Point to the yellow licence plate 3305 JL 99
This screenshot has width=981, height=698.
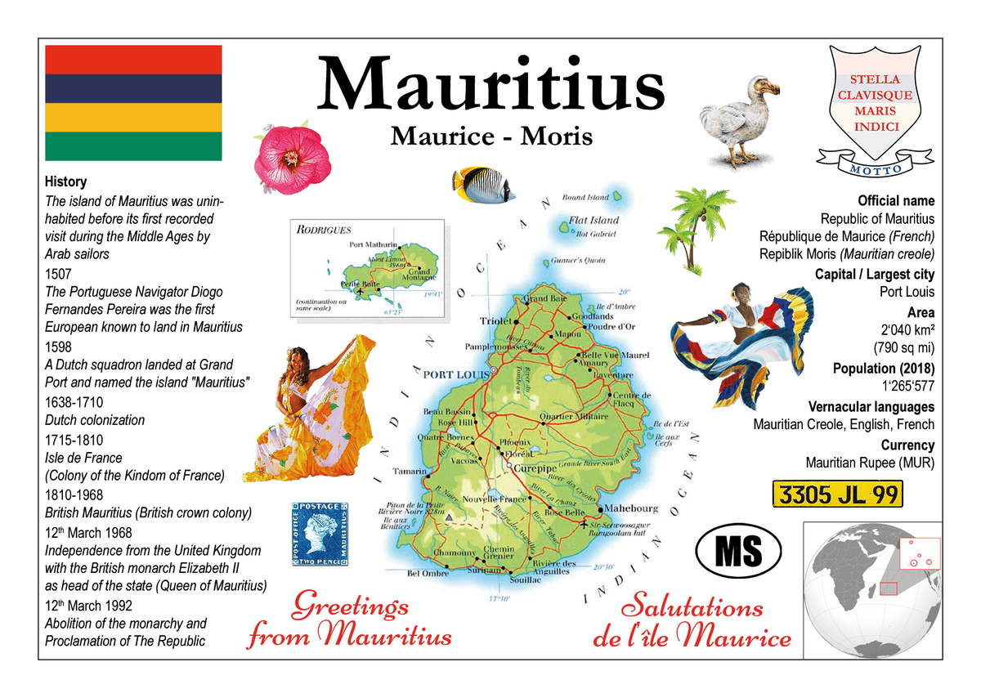tap(838, 494)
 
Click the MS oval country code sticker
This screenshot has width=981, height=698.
tap(738, 550)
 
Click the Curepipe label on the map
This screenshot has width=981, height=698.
tap(535, 468)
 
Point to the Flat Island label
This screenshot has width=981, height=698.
tap(594, 220)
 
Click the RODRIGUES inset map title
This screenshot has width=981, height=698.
tap(324, 230)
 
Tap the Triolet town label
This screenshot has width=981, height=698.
tap(495, 321)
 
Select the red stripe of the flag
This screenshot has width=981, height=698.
tap(133, 60)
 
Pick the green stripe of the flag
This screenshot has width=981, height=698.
tap(133, 146)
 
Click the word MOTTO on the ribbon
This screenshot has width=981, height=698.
tap(876, 169)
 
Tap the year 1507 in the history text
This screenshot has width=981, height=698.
tap(59, 274)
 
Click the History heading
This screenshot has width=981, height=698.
tap(65, 182)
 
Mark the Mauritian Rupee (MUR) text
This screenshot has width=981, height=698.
tap(870, 463)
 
